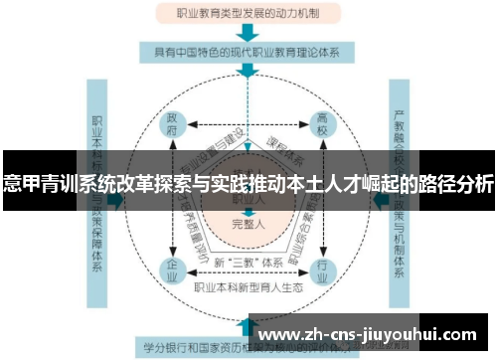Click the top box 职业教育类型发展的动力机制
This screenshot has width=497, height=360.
[248, 13]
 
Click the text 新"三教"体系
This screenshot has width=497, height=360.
[248, 262]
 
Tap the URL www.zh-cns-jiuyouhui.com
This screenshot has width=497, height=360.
[368, 333]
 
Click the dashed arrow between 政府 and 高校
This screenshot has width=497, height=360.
[248, 127]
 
